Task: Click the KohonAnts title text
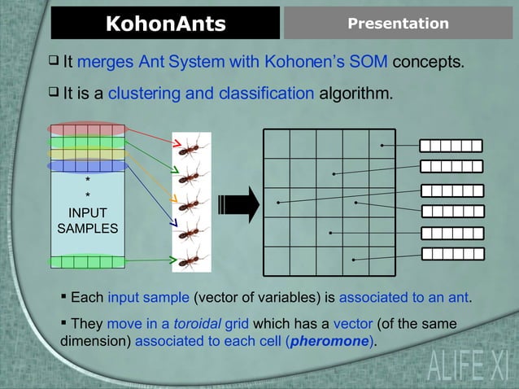tap(165, 24)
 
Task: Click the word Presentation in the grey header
tap(398, 24)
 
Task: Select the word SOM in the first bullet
tap(369, 63)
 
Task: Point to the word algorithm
tap(355, 94)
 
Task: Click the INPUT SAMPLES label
tap(87, 221)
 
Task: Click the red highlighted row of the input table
tap(86, 129)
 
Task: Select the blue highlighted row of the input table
tap(86, 166)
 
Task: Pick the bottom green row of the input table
tap(87, 261)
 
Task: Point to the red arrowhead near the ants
tap(175, 145)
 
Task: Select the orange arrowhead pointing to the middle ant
tap(172, 198)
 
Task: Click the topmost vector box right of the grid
tap(451, 146)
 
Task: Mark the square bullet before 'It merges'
tap(54, 62)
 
